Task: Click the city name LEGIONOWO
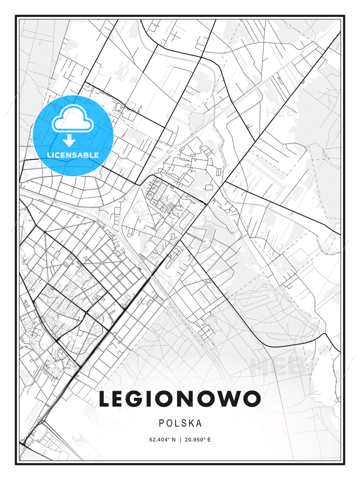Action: pyautogui.click(x=180, y=399)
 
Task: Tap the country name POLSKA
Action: pyautogui.click(x=180, y=423)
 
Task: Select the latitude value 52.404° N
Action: pyautogui.click(x=162, y=440)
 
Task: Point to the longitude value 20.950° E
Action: pyautogui.click(x=198, y=440)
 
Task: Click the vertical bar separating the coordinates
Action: pyautogui.click(x=180, y=440)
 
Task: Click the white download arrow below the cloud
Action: pyautogui.click(x=69, y=141)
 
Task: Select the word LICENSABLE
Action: pyautogui.click(x=73, y=155)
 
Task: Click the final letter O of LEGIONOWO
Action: pyautogui.click(x=251, y=399)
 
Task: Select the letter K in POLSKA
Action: pyautogui.click(x=190, y=423)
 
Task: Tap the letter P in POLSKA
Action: pyautogui.click(x=162, y=423)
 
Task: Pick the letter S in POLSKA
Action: pyautogui.click(x=183, y=423)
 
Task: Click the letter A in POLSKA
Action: pyautogui.click(x=199, y=423)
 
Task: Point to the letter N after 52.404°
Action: pyautogui.click(x=173, y=440)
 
